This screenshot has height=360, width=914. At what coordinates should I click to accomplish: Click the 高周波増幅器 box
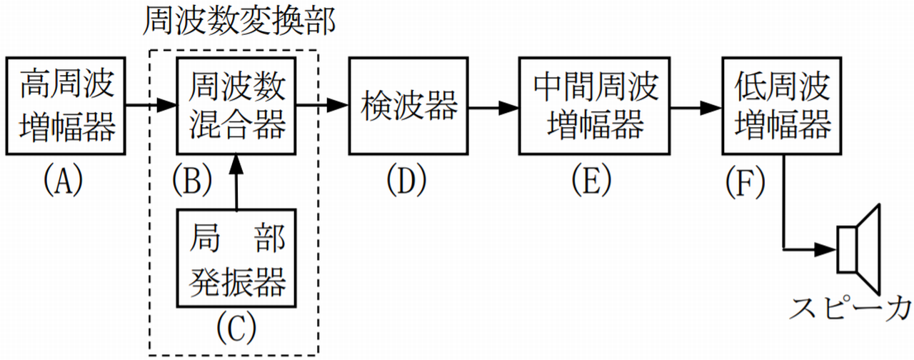coord(69,107)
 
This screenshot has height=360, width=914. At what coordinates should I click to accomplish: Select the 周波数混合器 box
coord(236,107)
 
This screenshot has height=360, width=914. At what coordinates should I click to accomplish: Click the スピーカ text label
coord(849,309)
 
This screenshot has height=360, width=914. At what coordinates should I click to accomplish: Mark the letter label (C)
coord(236,328)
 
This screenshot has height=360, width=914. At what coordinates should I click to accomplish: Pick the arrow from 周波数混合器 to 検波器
coord(322,107)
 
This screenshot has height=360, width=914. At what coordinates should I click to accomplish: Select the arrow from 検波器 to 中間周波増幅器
coord(492,107)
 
